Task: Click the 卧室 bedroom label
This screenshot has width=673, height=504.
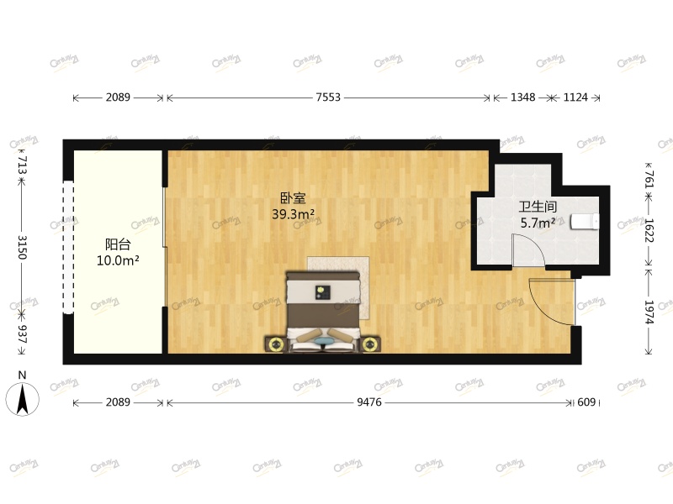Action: pyautogui.click(x=293, y=199)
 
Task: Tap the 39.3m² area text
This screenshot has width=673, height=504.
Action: pyautogui.click(x=293, y=214)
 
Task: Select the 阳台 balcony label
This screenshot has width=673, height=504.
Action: pyautogui.click(x=118, y=244)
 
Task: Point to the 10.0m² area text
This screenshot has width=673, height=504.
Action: pyautogui.click(x=118, y=260)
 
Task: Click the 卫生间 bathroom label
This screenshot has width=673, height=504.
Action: pyautogui.click(x=537, y=207)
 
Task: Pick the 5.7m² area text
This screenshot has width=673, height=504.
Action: pyautogui.click(x=537, y=223)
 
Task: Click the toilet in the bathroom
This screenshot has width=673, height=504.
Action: pyautogui.click(x=586, y=221)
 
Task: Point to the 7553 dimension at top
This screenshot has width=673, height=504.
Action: pyautogui.click(x=328, y=97)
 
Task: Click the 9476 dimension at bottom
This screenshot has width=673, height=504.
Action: pyautogui.click(x=370, y=402)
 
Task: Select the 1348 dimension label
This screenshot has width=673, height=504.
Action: pyautogui.click(x=522, y=97)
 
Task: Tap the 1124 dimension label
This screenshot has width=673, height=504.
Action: pyautogui.click(x=575, y=97)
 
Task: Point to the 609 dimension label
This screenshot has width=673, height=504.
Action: pyautogui.click(x=586, y=402)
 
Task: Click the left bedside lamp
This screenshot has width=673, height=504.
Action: pyautogui.click(x=274, y=343)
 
